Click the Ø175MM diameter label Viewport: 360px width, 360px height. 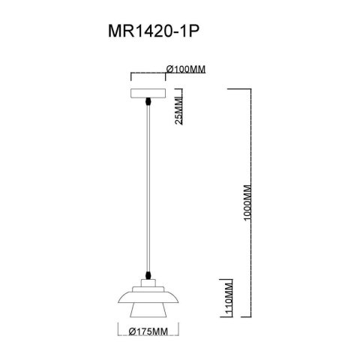tap(147, 331)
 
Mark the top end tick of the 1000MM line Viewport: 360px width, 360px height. tap(238, 88)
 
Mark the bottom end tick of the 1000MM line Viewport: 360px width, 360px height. tap(238, 318)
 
